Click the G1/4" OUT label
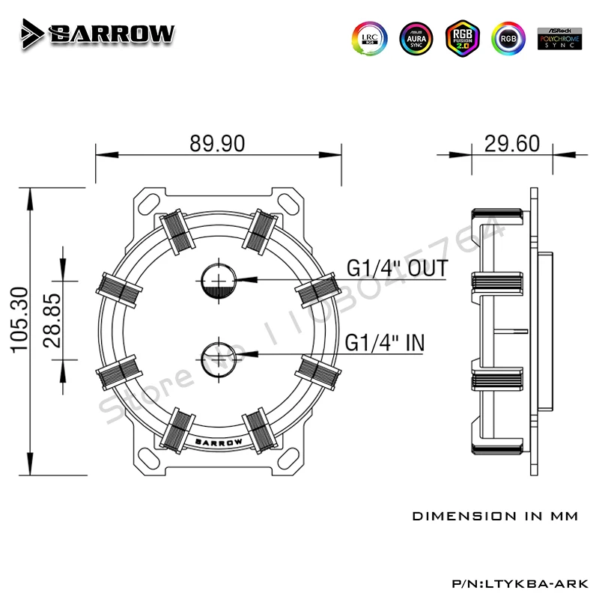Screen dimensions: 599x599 pyautogui.click(x=397, y=268)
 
